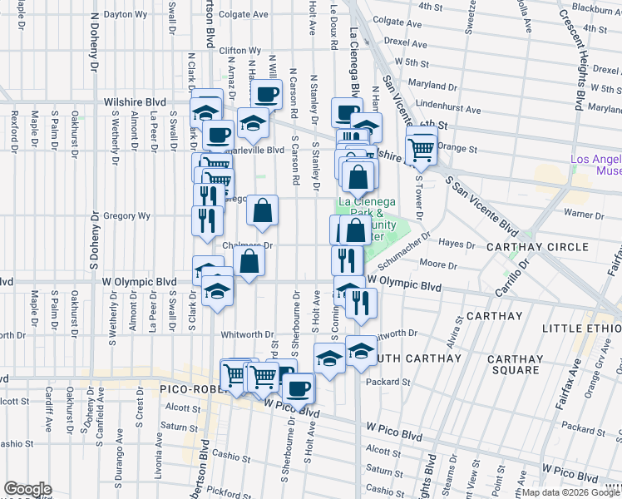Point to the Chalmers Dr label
[248, 246]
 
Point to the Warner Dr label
[583, 214]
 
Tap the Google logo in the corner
[27, 490]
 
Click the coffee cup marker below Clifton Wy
[267, 95]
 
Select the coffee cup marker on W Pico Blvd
[299, 386]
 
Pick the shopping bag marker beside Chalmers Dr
[249, 262]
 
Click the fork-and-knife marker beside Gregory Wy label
[207, 220]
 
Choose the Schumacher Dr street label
[404, 249]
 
